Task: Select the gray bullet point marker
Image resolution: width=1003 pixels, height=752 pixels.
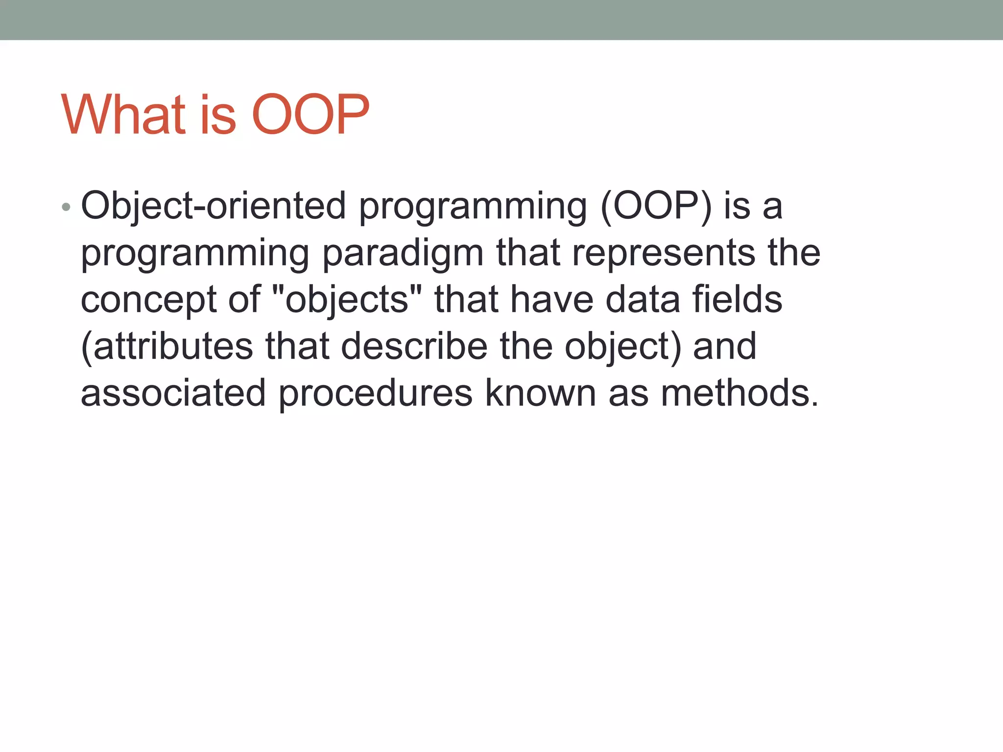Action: tap(67, 208)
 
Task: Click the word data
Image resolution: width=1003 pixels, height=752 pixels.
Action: tap(643, 300)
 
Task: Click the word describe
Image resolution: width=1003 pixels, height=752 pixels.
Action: tap(414, 346)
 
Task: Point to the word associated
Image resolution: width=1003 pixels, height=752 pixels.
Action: tap(173, 393)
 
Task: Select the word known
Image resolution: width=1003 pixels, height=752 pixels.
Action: tap(540, 393)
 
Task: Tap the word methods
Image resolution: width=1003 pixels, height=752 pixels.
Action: tap(740, 393)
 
